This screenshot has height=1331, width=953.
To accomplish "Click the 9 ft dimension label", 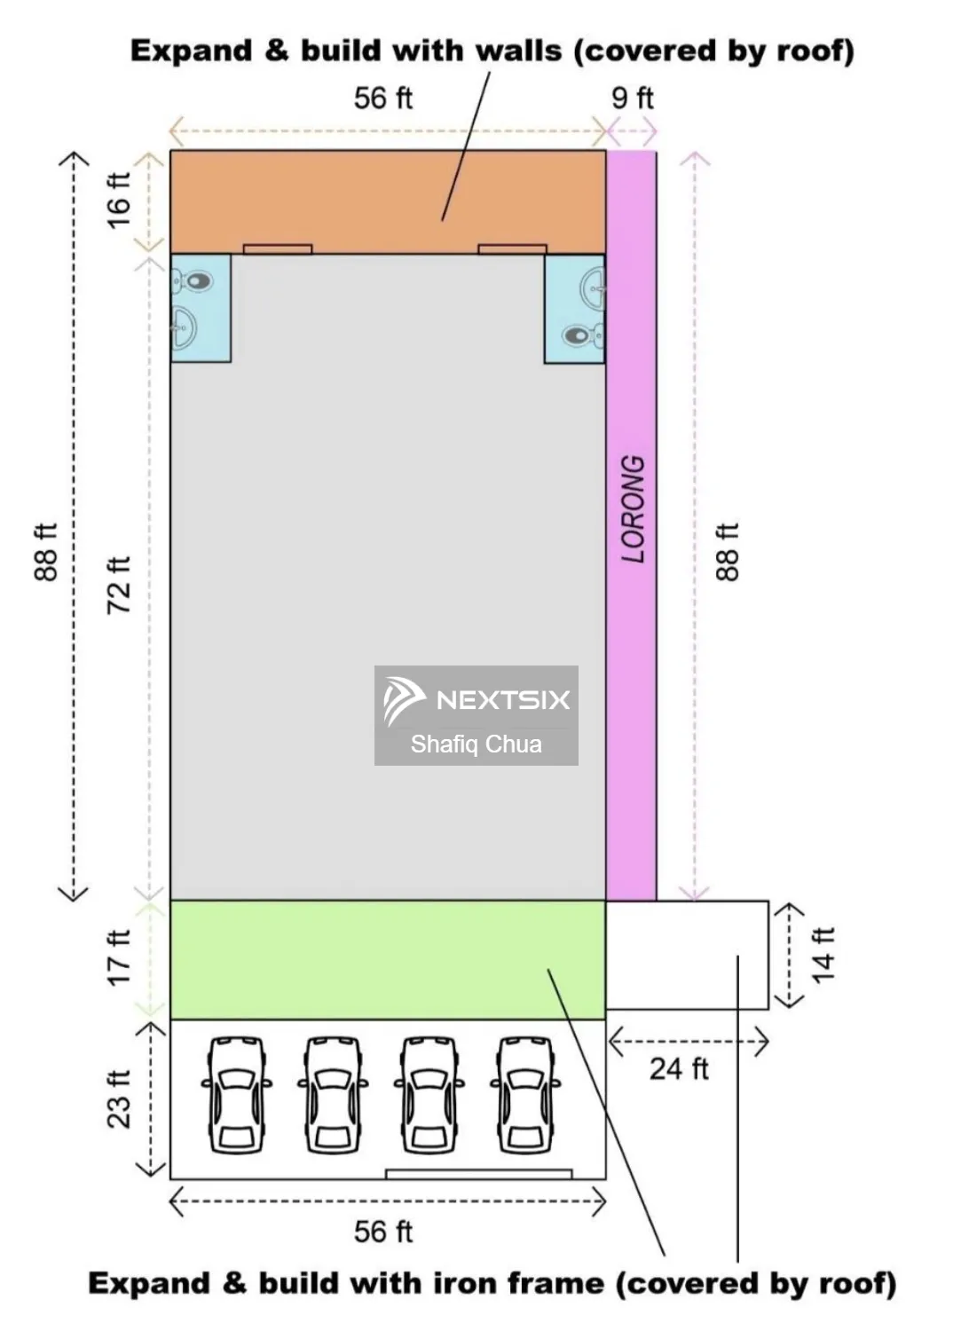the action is tap(632, 98).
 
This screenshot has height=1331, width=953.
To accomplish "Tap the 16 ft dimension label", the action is tap(119, 200).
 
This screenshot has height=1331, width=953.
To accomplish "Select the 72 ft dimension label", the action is tap(119, 586).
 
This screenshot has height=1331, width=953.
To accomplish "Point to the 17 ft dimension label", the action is tap(119, 957).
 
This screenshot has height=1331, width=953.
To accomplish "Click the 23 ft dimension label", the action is tap(119, 1099).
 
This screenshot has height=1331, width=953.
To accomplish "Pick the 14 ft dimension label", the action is tap(823, 956).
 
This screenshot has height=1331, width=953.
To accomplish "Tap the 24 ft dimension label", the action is tap(679, 1069).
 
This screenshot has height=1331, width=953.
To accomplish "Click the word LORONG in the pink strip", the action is tap(632, 508).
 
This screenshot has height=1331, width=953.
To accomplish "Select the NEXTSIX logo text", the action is tap(503, 700).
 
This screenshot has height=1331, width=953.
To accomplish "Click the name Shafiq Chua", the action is tap(476, 744).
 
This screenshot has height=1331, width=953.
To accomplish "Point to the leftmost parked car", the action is tap(236, 1095).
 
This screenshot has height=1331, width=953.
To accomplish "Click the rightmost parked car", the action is tap(525, 1095).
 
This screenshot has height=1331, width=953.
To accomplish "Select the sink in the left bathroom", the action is tap(185, 327).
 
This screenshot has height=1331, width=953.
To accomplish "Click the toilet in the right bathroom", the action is tap(583, 335).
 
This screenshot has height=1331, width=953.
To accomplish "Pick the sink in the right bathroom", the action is tap(593, 288).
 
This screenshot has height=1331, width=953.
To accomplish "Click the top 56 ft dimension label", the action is tap(383, 98).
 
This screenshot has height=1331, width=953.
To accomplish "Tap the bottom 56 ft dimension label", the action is tap(383, 1232).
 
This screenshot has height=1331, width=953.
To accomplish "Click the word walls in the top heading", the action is tap(518, 51).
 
